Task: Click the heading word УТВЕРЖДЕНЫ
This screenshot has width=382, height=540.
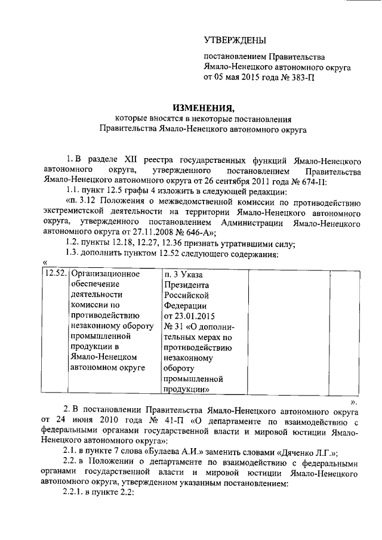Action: click(x=235, y=41)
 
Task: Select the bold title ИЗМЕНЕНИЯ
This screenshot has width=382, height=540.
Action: click(x=203, y=107)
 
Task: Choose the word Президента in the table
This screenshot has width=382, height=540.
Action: click(x=187, y=285)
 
